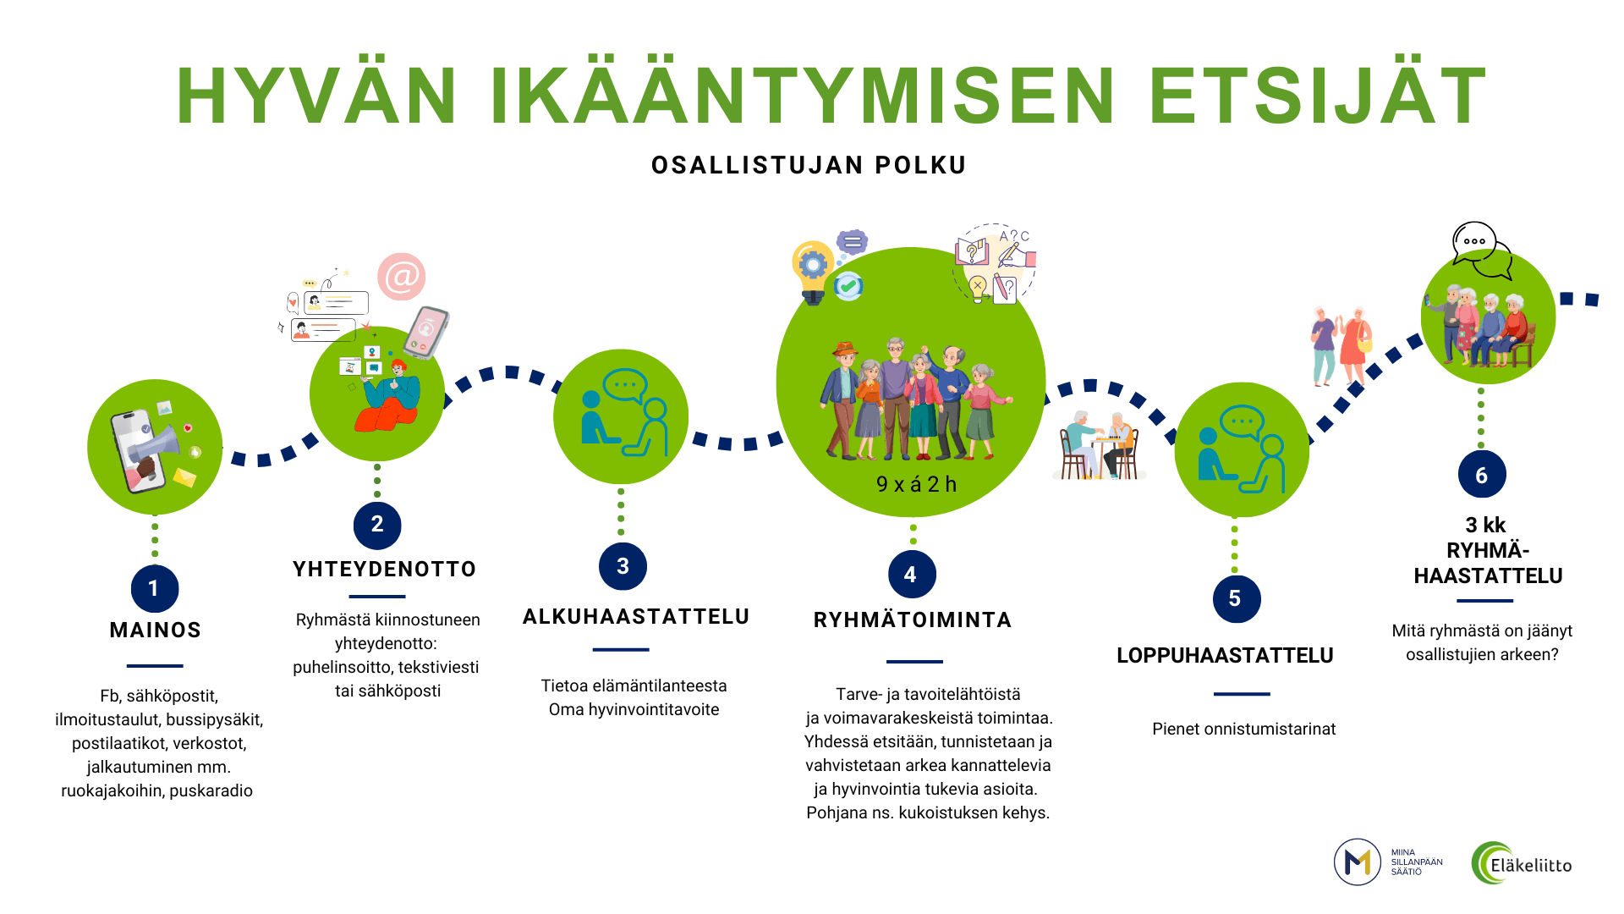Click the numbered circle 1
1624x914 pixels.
click(x=155, y=588)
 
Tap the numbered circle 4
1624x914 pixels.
click(x=912, y=575)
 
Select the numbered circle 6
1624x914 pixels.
click(x=1482, y=475)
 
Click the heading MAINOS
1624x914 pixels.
click(x=156, y=630)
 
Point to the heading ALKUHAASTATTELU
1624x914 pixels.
click(x=636, y=617)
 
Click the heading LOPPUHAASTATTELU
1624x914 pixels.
click(x=1225, y=656)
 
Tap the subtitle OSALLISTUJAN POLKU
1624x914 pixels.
click(x=809, y=165)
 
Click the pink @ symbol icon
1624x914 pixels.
click(x=401, y=277)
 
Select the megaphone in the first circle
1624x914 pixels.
click(x=154, y=446)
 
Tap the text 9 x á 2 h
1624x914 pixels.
click(x=916, y=484)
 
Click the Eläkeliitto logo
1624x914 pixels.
click(x=1522, y=863)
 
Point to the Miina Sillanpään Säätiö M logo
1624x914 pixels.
click(x=1358, y=862)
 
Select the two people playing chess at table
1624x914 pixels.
click(x=1100, y=445)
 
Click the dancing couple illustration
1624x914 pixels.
click(x=1341, y=346)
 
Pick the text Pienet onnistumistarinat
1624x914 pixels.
click(x=1244, y=730)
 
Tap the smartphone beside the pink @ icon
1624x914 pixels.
click(x=426, y=332)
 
